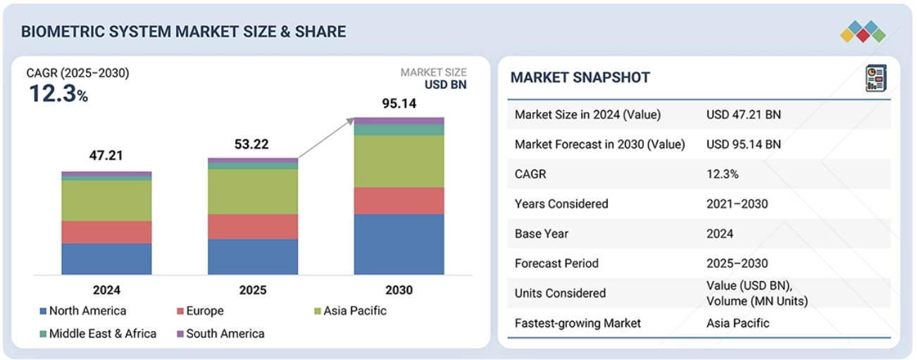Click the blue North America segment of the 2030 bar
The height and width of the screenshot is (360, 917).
point(399,244)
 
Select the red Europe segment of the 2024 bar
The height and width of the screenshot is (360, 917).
point(106,232)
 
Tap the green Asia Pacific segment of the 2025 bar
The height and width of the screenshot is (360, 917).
point(253,192)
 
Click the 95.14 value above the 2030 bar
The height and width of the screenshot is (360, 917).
point(399,104)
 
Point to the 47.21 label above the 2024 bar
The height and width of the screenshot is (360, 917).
point(106,156)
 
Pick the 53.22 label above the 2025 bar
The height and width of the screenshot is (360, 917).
point(252,144)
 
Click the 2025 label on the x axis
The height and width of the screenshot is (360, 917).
point(252,290)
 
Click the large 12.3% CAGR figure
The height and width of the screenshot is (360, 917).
point(58,94)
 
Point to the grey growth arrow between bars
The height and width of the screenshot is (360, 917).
point(326,138)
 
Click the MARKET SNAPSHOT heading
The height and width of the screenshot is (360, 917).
point(580,77)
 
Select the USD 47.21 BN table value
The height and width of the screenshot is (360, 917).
point(743,115)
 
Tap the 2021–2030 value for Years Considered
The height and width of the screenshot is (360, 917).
point(737,204)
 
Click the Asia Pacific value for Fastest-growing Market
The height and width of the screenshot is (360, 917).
point(737,323)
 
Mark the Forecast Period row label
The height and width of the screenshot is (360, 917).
point(556,263)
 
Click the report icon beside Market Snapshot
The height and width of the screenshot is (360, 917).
point(875,78)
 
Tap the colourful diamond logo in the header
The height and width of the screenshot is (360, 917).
point(863,32)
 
